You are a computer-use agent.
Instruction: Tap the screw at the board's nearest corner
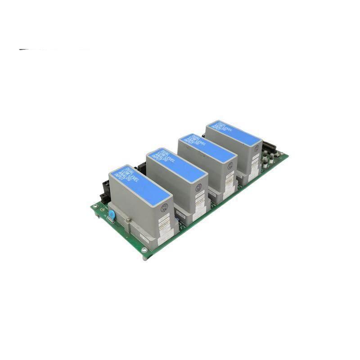144,250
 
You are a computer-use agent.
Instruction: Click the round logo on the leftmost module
164,207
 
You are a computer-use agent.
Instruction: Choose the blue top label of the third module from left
207,148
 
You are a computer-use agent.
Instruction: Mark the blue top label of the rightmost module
234,132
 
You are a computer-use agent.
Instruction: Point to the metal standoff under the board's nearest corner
145,257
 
